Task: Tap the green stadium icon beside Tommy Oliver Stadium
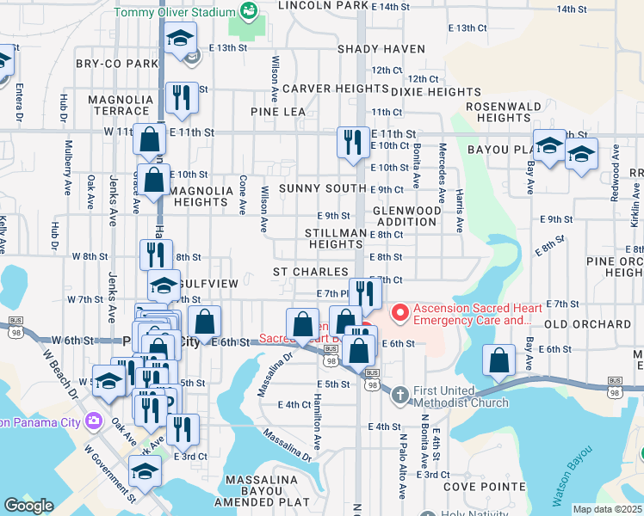[x=248, y=11]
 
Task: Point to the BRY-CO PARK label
[x=117, y=64]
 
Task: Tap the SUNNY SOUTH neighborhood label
[x=323, y=188]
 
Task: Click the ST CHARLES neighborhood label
[x=311, y=272]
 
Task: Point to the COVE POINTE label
[x=484, y=486]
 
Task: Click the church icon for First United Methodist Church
[x=400, y=395]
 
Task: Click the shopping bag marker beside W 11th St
[x=150, y=138]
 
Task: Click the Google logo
[x=28, y=506]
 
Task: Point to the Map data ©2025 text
[x=607, y=509]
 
